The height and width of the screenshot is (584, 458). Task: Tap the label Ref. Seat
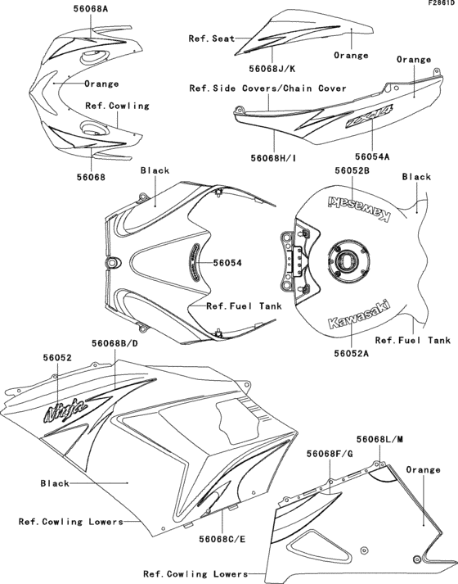point(211,38)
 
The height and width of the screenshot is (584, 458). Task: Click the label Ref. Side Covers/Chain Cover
point(267,88)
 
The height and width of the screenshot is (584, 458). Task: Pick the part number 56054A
point(373,153)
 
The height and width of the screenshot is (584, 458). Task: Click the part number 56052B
point(353,170)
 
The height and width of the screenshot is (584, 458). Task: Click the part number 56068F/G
point(330,453)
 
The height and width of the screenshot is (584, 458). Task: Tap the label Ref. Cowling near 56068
point(117,106)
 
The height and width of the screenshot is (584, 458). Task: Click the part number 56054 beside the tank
point(230,264)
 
